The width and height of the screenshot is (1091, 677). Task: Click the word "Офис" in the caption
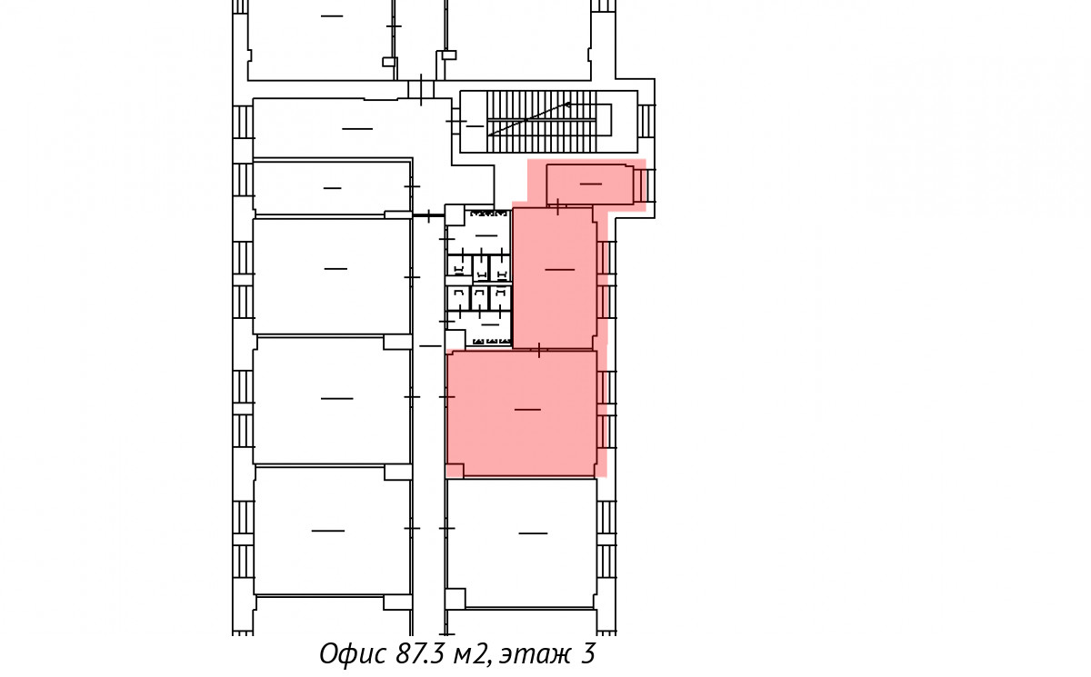coord(353,654)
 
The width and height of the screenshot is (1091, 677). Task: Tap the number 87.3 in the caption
coord(420,653)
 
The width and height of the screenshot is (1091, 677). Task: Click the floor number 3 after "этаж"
coord(588,653)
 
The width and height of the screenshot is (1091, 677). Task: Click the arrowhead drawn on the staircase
coord(567,105)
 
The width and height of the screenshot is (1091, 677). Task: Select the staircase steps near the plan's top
coord(542,122)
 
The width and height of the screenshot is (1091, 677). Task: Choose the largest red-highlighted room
coord(522,413)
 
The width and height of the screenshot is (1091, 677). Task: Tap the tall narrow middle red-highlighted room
coord(555,278)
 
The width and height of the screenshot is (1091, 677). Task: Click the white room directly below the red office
coord(522,543)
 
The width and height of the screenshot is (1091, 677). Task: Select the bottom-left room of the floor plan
coord(332,531)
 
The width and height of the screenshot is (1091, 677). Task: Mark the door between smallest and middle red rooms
coord(557,206)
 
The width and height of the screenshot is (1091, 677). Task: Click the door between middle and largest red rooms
coord(539,350)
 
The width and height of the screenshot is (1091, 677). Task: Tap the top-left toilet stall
coord(459,268)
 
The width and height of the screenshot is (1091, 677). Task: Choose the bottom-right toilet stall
coord(500,298)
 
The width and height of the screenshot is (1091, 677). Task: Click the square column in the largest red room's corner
coord(455,471)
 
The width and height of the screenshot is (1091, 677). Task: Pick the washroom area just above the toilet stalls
coord(487,232)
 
